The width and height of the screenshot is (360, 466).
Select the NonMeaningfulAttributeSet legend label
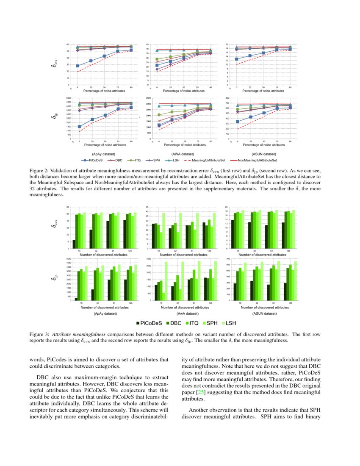click(257, 161)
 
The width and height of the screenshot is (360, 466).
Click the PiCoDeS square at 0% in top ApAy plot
click(78, 66)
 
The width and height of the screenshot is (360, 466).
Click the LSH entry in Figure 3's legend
click(230, 323)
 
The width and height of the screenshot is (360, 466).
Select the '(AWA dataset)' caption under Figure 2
click(183, 154)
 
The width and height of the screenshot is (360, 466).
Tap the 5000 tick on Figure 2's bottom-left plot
click(68, 98)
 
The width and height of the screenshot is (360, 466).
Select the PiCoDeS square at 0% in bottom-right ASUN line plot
click(238, 122)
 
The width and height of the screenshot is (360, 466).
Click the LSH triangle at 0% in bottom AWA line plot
click(159, 106)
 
